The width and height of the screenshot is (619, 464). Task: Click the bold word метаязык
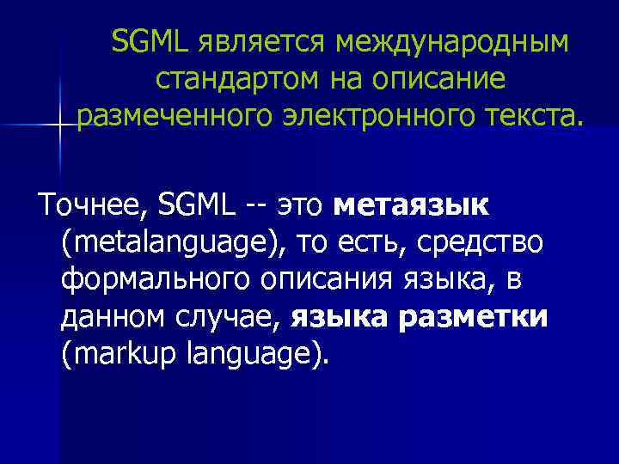[410, 206]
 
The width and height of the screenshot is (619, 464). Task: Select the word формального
[146, 281]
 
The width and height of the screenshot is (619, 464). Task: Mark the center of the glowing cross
[59, 125]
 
